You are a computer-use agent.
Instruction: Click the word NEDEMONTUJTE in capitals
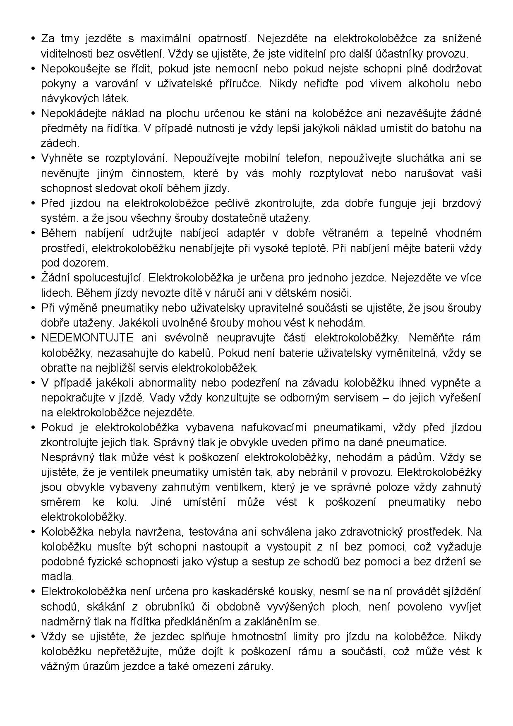pyautogui.click(x=87, y=338)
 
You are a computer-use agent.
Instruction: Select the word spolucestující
pyautogui.click(x=108, y=278)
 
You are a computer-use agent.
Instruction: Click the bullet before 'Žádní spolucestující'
pyautogui.click(x=33, y=278)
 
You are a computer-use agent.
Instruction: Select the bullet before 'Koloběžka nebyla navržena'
pyautogui.click(x=33, y=532)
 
